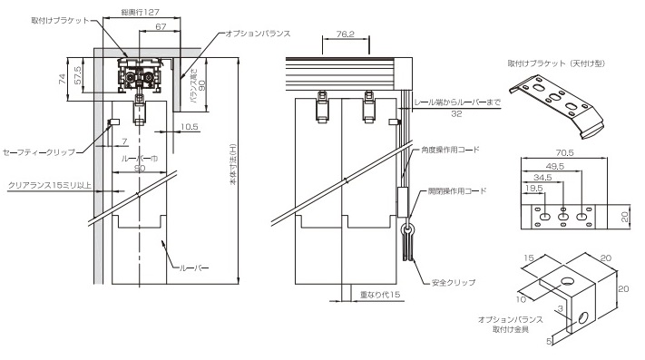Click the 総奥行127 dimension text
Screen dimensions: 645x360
point(140,13)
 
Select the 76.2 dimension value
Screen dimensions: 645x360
point(345,34)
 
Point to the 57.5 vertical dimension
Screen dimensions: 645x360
point(78,75)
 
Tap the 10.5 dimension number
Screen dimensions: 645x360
point(190,127)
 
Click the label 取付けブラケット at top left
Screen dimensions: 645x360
point(60,20)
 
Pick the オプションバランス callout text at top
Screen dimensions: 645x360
point(258,34)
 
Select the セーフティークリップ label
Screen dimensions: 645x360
point(39,152)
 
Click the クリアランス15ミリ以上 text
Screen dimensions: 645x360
point(49,185)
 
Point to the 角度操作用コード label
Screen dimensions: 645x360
point(451,150)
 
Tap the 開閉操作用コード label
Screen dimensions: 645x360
point(457,190)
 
